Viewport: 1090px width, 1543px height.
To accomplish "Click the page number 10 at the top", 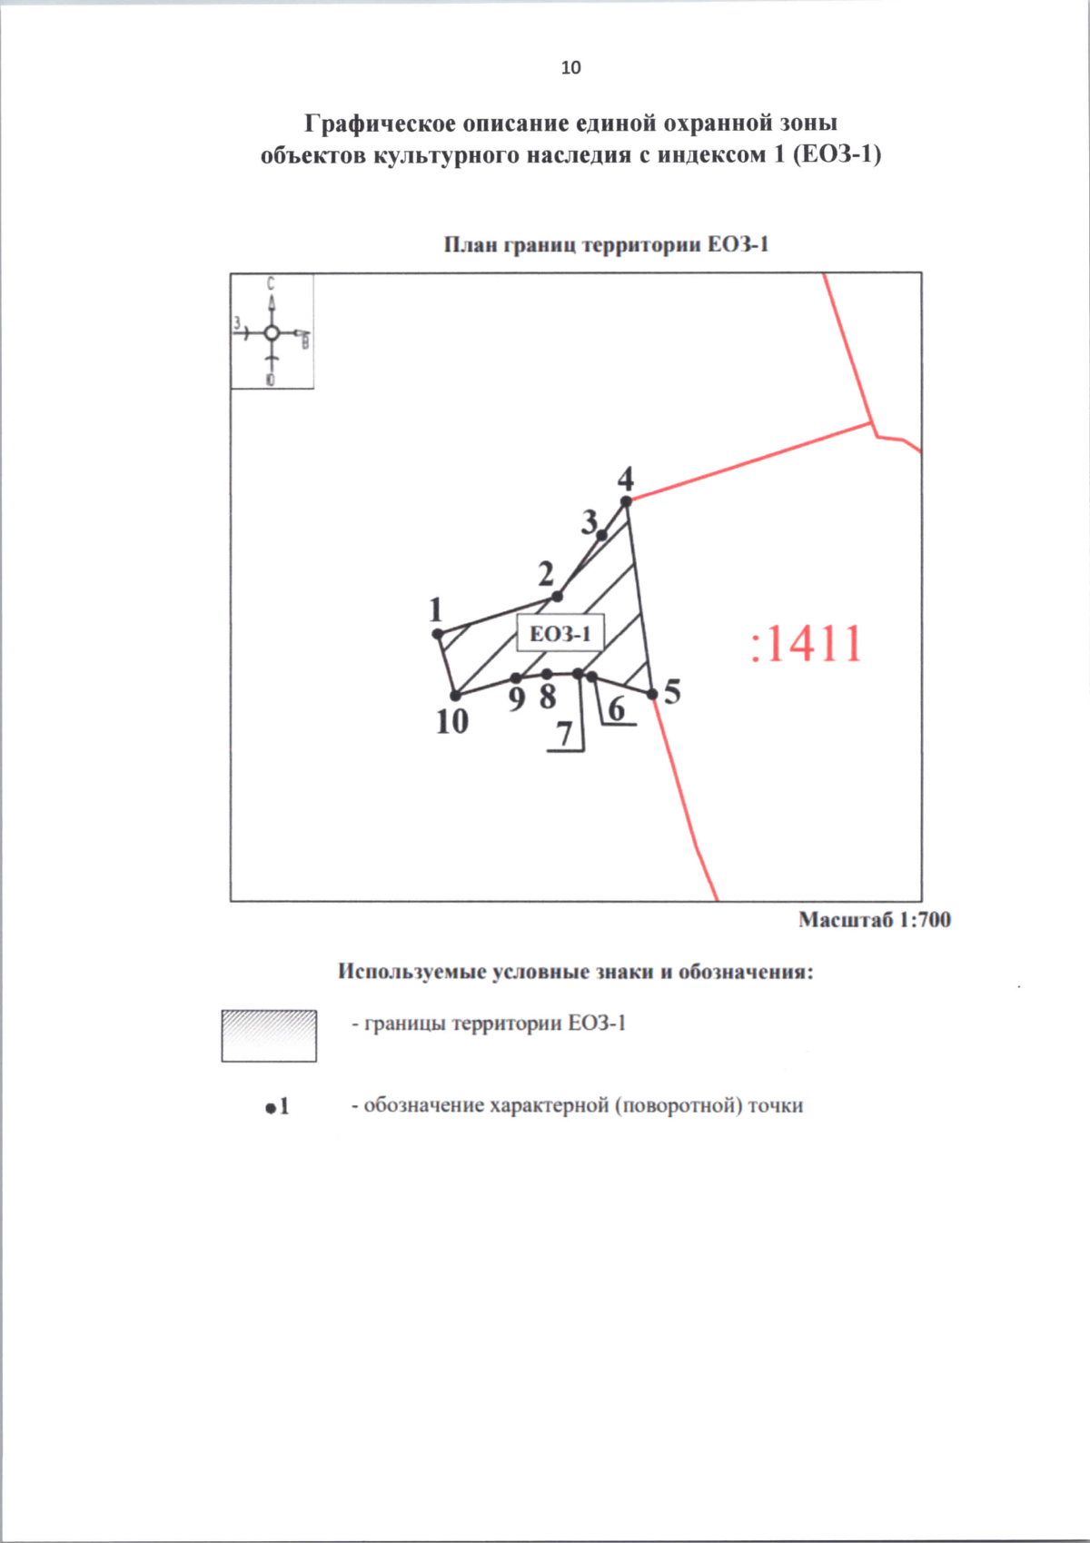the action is pyautogui.click(x=571, y=67).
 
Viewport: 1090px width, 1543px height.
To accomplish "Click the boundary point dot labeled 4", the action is pyautogui.click(x=626, y=501).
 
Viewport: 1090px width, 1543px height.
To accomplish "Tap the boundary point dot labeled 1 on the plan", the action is pyautogui.click(x=438, y=634).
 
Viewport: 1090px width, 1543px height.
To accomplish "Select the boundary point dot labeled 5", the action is pyautogui.click(x=652, y=695).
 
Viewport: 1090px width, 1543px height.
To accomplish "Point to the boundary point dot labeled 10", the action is pyautogui.click(x=455, y=696).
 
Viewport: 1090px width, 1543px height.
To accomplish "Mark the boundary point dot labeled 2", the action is pyautogui.click(x=558, y=597).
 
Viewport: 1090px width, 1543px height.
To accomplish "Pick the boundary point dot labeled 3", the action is pyautogui.click(x=601, y=535).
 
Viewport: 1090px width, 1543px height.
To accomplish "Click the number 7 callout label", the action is pyautogui.click(x=565, y=735).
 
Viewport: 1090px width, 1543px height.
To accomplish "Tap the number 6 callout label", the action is pyautogui.click(x=617, y=708).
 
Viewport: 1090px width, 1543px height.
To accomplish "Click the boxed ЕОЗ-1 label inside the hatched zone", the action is pyautogui.click(x=560, y=633).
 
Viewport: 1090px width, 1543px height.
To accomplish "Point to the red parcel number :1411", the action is pyautogui.click(x=806, y=644).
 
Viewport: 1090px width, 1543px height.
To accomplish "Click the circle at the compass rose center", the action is pyautogui.click(x=272, y=333).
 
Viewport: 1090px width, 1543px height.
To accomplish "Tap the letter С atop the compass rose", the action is pyautogui.click(x=271, y=283).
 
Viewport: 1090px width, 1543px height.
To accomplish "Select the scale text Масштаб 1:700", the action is pyautogui.click(x=875, y=920).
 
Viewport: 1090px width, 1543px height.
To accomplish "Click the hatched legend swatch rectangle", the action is pyautogui.click(x=269, y=1036).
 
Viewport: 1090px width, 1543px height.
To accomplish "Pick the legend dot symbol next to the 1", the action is pyautogui.click(x=271, y=1108).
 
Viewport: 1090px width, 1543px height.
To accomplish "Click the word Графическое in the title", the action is pyautogui.click(x=380, y=124).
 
